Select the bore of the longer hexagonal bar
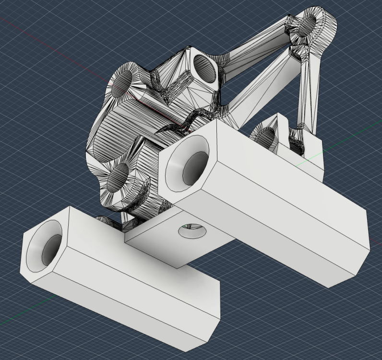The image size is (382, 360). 194,168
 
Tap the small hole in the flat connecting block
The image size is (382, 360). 192,232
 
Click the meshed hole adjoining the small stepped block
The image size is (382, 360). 265,137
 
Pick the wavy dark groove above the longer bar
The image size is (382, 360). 192,122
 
